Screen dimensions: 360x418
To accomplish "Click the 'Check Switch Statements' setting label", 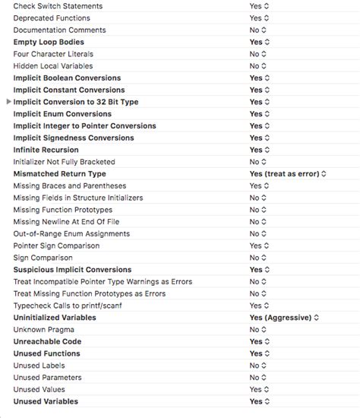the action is click(58, 6).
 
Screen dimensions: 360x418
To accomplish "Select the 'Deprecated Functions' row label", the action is click(52, 18).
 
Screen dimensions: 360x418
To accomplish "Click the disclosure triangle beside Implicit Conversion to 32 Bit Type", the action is click(8, 102).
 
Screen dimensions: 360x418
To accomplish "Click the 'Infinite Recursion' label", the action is click(46, 150).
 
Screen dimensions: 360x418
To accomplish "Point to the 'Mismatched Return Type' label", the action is click(60, 174).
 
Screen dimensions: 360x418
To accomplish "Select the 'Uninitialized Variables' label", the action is click(55, 318).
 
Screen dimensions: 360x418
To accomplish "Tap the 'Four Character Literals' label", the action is click(53, 54).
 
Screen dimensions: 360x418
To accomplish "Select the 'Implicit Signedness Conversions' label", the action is click(74, 138).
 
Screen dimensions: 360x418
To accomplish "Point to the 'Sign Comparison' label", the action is click(43, 258).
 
